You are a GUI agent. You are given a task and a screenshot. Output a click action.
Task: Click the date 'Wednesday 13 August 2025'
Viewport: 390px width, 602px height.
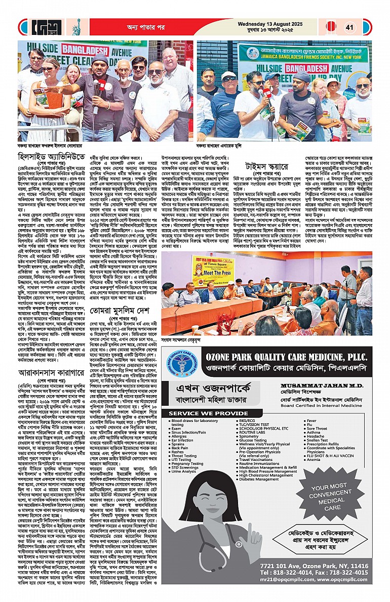(272, 23)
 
